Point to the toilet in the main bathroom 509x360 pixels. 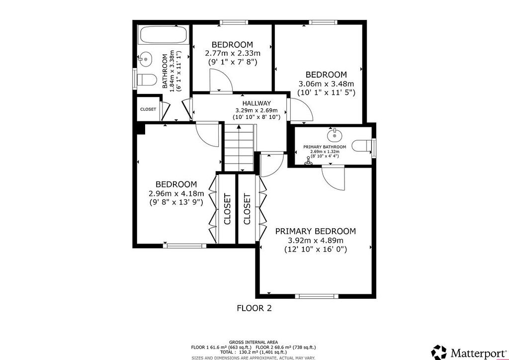click(146, 80)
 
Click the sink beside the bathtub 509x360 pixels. click(146, 59)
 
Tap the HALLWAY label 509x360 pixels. click(256, 103)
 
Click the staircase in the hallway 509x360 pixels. click(239, 147)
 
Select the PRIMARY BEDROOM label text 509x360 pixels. click(315, 231)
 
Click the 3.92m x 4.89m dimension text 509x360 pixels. click(316, 241)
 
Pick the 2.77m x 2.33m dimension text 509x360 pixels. click(233, 53)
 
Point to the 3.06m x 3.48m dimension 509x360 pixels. click(326, 84)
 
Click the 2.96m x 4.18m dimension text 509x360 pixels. click(176, 194)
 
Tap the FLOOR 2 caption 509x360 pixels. click(254, 308)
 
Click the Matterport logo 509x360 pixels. click(469, 352)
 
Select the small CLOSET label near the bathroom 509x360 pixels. click(148, 109)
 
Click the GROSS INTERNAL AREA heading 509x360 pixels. click(254, 342)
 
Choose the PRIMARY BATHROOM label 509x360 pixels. click(325, 147)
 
